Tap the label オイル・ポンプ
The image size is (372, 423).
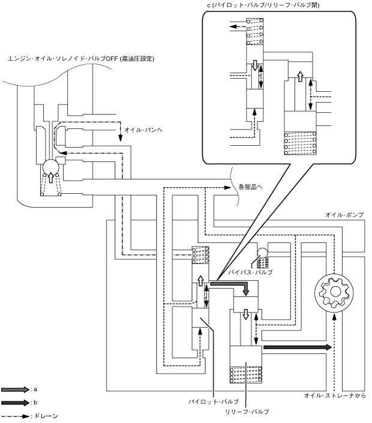tap(344, 215)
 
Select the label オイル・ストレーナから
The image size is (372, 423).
tap(335, 396)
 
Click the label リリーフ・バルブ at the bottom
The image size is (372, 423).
tap(247, 412)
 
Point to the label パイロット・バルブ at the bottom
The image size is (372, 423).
tap(214, 401)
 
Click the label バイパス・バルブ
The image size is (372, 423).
tap(250, 272)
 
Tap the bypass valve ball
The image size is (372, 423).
tap(262, 253)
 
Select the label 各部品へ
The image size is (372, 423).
tap(251, 187)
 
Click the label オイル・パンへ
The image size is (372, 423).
tap(143, 130)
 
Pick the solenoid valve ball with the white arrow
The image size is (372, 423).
tap(51, 168)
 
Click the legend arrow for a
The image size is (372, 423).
tap(15, 389)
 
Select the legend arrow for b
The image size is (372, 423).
tap(15, 403)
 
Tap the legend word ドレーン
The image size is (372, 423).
tap(46, 416)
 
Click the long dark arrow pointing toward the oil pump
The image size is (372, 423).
tap(298, 347)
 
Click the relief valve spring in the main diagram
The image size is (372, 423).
tap(246, 375)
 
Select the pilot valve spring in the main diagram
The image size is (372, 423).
tap(200, 255)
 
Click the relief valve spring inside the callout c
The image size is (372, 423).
tap(300, 143)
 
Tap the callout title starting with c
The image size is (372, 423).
tap(263, 5)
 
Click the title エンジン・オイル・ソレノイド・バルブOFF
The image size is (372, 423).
tap(81, 59)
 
